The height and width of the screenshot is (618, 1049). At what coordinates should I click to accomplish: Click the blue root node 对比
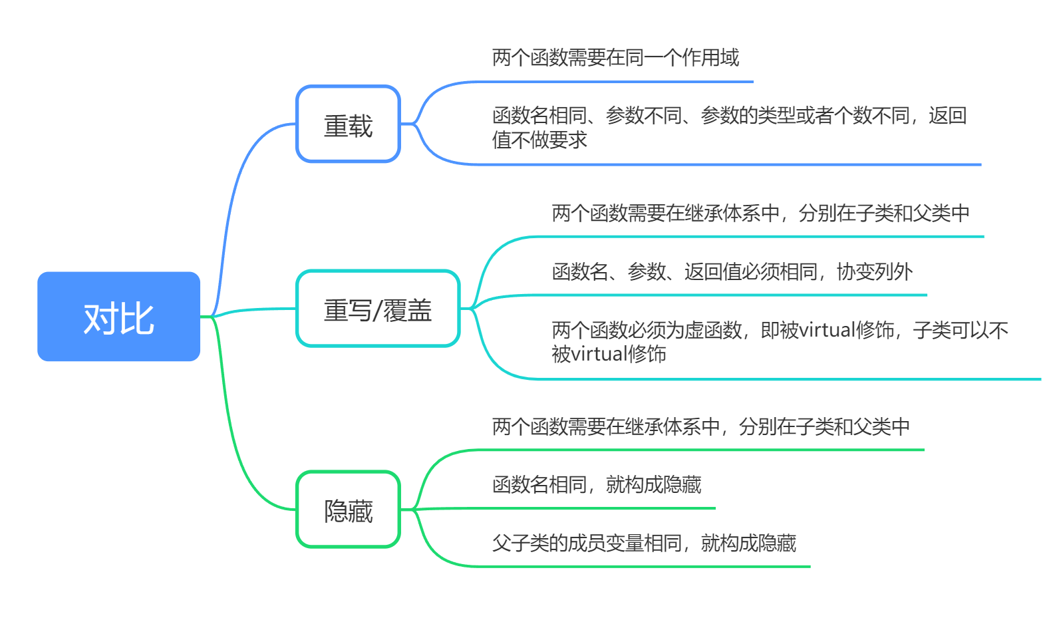pyautogui.click(x=118, y=317)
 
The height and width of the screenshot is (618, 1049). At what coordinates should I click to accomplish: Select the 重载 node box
pyautogui.click(x=348, y=124)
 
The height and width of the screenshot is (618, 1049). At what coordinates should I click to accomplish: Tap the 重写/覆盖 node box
pyautogui.click(x=378, y=309)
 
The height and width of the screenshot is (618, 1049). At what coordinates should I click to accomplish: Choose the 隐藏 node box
pyautogui.click(x=348, y=510)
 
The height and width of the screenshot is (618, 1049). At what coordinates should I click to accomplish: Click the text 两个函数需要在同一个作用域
pyautogui.click(x=615, y=58)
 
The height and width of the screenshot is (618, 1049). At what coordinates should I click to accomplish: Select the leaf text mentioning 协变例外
pyautogui.click(x=732, y=271)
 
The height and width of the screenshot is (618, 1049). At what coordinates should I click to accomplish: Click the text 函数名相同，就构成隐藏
pyautogui.click(x=597, y=484)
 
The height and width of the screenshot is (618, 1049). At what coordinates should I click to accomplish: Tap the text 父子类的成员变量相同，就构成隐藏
pyautogui.click(x=644, y=543)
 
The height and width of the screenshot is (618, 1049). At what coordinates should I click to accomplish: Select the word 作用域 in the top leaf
pyautogui.click(x=710, y=58)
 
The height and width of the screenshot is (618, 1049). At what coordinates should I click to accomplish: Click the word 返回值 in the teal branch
pyautogui.click(x=712, y=271)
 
